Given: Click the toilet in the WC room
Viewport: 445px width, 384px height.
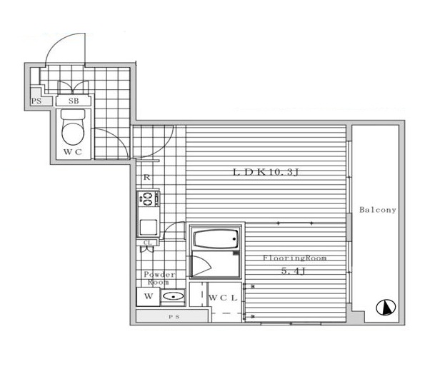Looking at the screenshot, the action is (x=73, y=127).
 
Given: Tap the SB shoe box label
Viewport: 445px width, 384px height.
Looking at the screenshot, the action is (x=74, y=101).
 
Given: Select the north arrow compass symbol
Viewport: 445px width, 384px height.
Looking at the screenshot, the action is (x=386, y=308).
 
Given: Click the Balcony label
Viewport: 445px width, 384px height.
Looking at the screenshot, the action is (x=377, y=210).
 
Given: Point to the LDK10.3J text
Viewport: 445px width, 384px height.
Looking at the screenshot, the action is (x=266, y=172).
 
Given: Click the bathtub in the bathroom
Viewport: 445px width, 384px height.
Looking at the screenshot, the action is (x=216, y=239).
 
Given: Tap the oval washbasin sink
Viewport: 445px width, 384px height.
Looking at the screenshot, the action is (x=173, y=297).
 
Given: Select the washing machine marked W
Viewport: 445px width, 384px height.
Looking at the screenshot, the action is (x=148, y=297).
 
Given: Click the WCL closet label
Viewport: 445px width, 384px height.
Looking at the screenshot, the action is (x=223, y=298).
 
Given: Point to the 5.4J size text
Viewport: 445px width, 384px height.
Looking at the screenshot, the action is (x=293, y=271).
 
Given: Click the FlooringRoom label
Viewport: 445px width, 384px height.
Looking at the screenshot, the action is (x=294, y=258).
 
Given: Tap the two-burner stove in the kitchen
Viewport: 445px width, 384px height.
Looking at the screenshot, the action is (x=149, y=199).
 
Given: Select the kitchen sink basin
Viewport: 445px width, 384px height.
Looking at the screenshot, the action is (x=148, y=228).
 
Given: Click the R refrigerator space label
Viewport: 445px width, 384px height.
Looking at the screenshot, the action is (x=146, y=178).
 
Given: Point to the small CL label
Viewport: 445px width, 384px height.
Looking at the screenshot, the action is (x=148, y=243).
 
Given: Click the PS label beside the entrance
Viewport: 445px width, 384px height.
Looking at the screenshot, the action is (x=36, y=101).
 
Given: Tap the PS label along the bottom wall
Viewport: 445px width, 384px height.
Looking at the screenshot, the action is (x=174, y=317).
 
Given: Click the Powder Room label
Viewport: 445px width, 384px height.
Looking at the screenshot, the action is (x=159, y=278).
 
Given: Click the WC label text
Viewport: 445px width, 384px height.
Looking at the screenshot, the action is (x=73, y=152).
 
